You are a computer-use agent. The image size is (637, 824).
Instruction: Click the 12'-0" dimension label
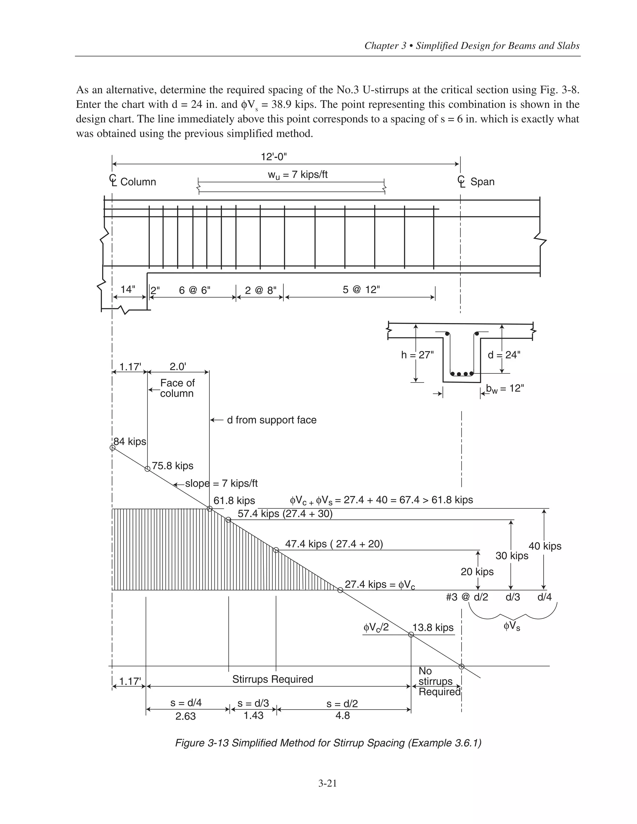[x=274, y=157]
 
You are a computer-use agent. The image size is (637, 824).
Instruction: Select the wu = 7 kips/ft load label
[x=297, y=175]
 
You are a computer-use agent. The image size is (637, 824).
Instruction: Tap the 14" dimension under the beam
[x=128, y=289]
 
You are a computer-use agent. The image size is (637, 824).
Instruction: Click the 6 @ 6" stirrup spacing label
[x=194, y=290]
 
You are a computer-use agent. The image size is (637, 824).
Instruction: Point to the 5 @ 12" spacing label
[x=361, y=290]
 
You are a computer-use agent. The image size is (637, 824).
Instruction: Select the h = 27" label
[x=417, y=355]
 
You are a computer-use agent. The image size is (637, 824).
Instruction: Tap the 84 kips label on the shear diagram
[x=130, y=442]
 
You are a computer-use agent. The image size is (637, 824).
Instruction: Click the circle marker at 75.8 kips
[x=147, y=469]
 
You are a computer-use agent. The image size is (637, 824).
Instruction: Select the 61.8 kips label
[x=234, y=501]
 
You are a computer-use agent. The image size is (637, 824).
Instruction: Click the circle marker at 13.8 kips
[x=411, y=635]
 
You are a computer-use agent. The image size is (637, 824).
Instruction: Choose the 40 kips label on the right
[x=545, y=546]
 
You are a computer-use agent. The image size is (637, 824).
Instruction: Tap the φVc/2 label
[x=376, y=627]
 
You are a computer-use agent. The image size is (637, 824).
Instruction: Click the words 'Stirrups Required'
[x=272, y=679]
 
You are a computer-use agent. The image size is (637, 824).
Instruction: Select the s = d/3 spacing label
[x=253, y=703]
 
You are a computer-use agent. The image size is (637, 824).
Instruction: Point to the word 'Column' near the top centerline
[x=138, y=182]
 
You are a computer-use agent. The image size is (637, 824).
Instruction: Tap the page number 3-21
[x=327, y=783]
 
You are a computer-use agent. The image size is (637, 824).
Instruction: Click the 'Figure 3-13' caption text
[x=328, y=743]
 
